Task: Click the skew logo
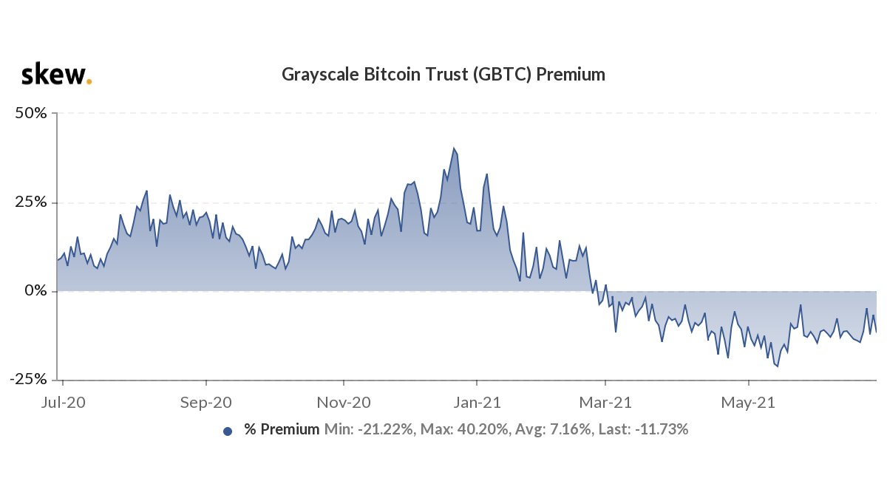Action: click(x=56, y=75)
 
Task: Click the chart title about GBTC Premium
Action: click(x=443, y=75)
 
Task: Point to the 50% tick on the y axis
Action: click(x=32, y=114)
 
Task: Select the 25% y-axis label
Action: click(x=32, y=202)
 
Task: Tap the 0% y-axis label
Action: click(x=36, y=291)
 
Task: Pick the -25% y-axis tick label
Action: click(x=30, y=379)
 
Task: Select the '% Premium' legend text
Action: click(x=282, y=429)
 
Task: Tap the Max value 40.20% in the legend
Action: click(x=465, y=429)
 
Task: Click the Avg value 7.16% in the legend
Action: click(x=548, y=429)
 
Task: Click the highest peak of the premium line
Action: click(x=454, y=148)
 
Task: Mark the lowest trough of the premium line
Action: click(x=777, y=366)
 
